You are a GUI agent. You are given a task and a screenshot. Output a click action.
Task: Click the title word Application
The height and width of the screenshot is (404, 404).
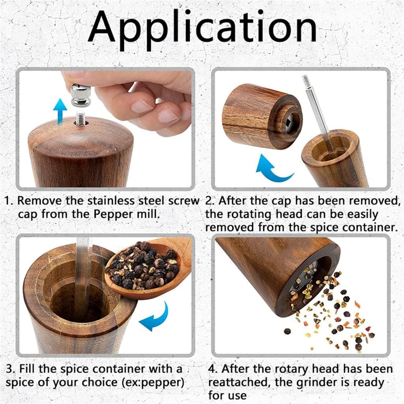click(202, 28)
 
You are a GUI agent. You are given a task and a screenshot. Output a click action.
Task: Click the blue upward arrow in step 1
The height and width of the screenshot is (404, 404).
click(60, 111)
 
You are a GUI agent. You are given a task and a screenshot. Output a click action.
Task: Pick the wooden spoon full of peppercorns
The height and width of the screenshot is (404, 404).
click(148, 268)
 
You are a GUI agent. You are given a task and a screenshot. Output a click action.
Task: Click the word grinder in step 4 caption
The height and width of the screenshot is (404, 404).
click(320, 382)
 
